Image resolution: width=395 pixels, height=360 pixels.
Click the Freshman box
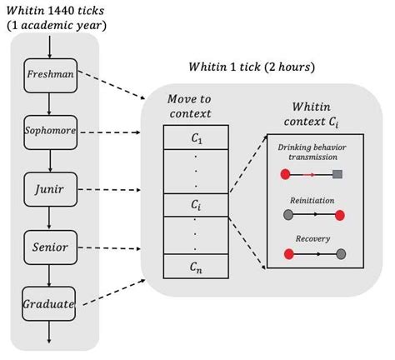pos(50,74)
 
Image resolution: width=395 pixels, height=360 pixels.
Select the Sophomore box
pos(50,132)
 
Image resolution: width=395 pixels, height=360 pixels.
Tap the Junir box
pos(50,188)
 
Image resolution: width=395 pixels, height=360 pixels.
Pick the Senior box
pos(50,247)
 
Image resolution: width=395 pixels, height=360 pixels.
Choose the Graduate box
pos(50,304)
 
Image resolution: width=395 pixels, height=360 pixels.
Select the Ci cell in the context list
pos(195,202)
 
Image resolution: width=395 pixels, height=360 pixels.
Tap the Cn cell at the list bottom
pos(195,267)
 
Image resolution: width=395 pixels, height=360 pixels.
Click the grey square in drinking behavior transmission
pos(337,174)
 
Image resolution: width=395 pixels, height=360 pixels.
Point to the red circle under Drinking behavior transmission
pos(285,174)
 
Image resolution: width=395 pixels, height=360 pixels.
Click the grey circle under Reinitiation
pos(288,215)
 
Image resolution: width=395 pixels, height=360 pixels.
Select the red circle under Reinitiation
pos(339,215)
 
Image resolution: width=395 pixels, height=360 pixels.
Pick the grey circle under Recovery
pos(340,253)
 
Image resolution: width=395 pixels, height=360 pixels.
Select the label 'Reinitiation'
pos(312,200)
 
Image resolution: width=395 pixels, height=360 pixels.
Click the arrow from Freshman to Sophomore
pos(50,102)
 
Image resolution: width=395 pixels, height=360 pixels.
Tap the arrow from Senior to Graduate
pos(50,275)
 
